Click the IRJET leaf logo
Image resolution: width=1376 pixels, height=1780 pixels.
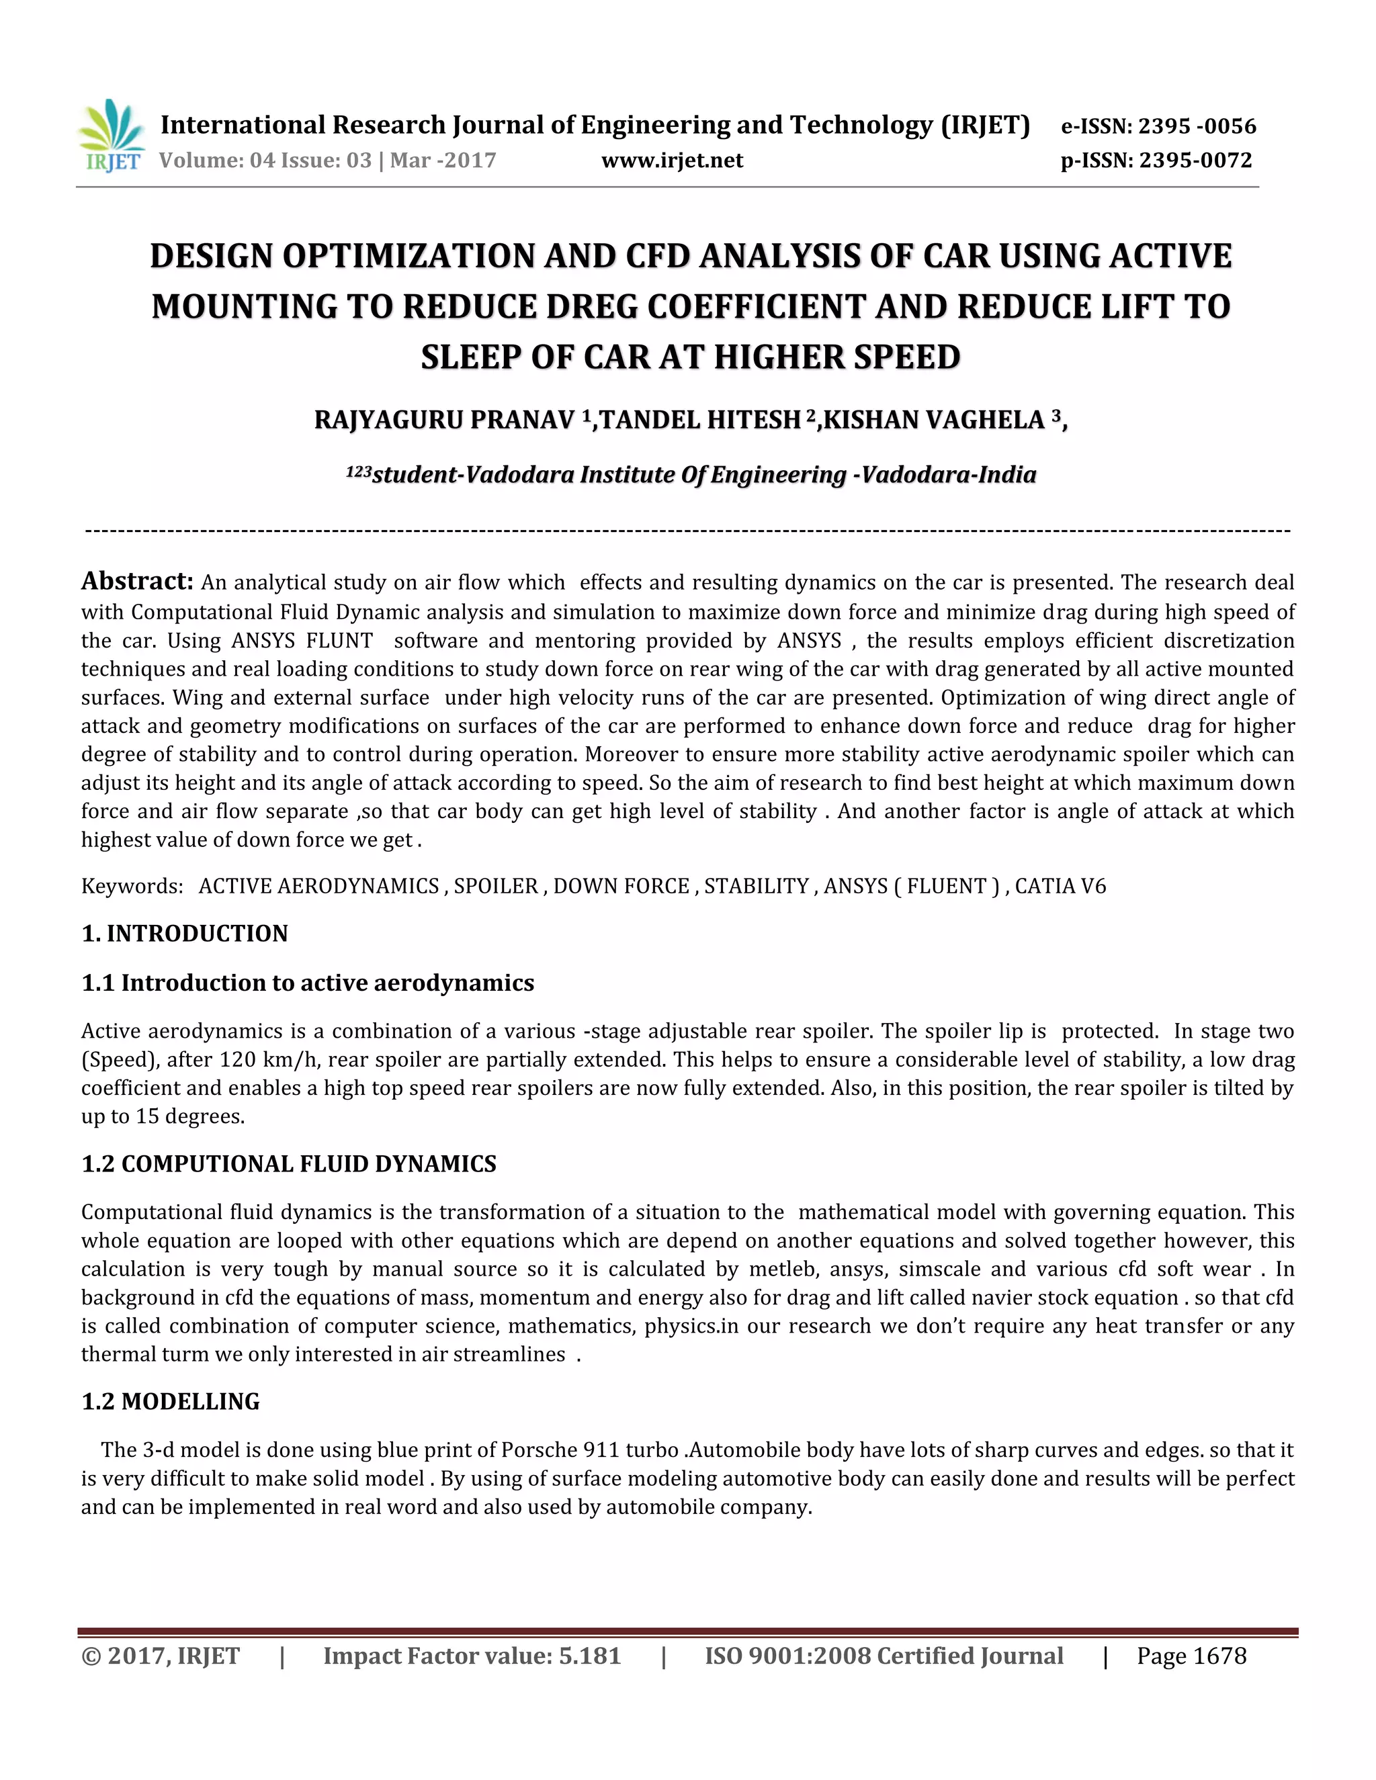tap(112, 135)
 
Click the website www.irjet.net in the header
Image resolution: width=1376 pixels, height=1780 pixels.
tap(672, 161)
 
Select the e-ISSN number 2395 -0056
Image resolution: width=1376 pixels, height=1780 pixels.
tap(1197, 126)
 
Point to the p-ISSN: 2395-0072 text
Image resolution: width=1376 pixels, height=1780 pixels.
tap(1155, 161)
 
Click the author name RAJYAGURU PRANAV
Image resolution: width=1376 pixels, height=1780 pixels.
tap(444, 420)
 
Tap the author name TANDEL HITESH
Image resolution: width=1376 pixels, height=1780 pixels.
tap(700, 420)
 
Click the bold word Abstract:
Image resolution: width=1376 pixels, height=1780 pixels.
tap(137, 581)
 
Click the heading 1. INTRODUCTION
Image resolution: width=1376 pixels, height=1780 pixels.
tap(185, 934)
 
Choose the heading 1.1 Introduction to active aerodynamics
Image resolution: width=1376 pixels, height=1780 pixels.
tap(307, 984)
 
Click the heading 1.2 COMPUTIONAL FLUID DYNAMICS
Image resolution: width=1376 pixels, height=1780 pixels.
tap(288, 1164)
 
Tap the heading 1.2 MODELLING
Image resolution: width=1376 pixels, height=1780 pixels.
tap(171, 1402)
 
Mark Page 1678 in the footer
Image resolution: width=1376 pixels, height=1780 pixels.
tap(1191, 1657)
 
